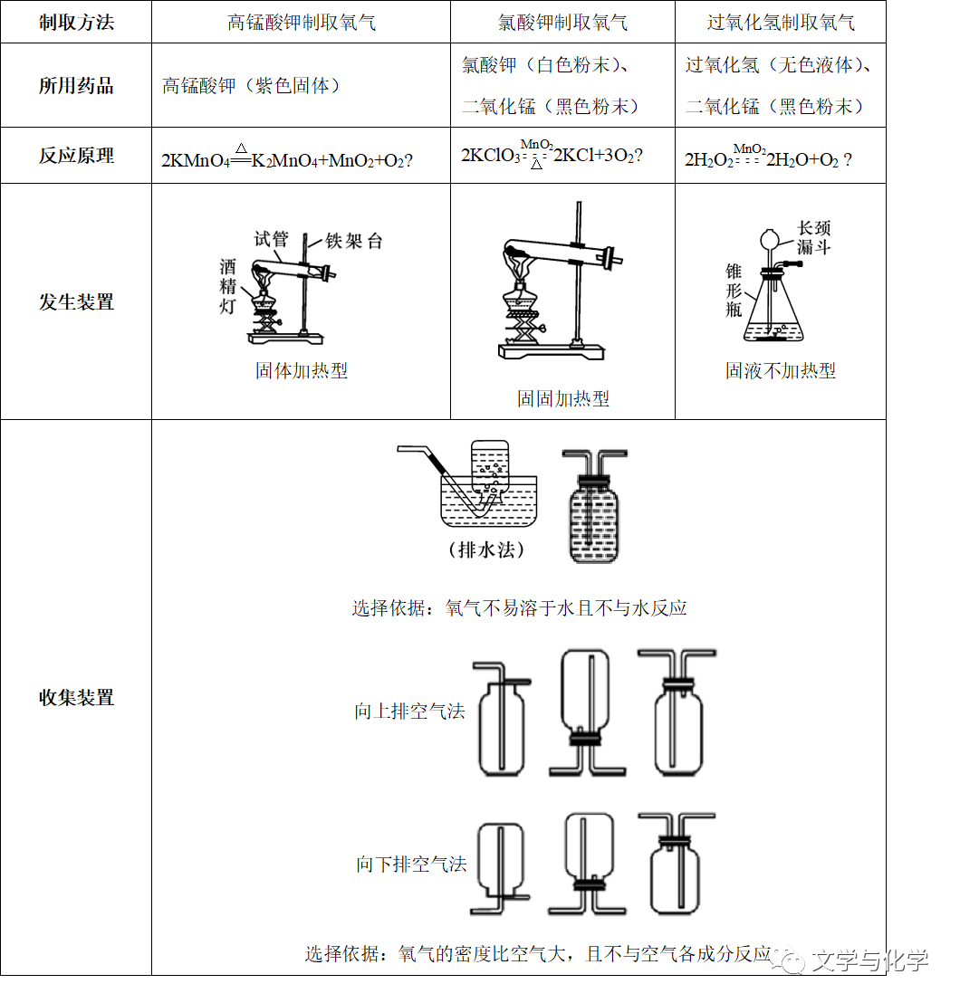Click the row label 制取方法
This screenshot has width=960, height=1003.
(x=76, y=22)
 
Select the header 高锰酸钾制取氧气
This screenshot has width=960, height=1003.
(x=301, y=22)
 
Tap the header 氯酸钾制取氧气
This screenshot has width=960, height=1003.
(x=562, y=22)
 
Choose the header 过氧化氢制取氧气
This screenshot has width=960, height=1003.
(x=780, y=22)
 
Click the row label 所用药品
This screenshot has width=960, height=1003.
(x=76, y=86)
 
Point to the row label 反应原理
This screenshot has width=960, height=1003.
(x=76, y=156)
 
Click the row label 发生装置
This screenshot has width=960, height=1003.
(x=76, y=301)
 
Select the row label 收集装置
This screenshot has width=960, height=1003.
(x=76, y=697)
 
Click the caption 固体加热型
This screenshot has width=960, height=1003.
(x=301, y=370)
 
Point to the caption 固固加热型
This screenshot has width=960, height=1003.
(x=562, y=398)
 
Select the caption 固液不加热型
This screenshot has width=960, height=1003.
(x=780, y=370)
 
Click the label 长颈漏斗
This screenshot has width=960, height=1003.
(x=813, y=237)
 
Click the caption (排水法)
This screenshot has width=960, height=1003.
(x=486, y=549)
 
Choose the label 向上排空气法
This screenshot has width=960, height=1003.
(x=409, y=712)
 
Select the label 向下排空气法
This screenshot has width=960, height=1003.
(x=410, y=864)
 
